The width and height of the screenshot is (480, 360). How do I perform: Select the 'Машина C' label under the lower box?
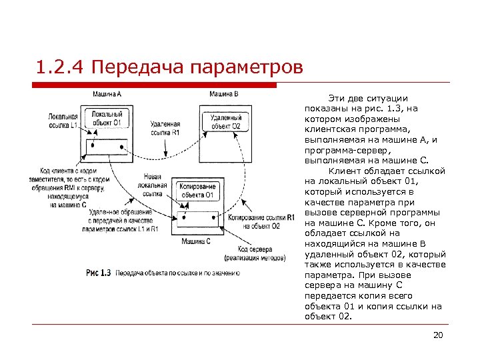coord(197,240)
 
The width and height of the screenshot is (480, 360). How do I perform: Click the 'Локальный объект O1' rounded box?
coord(107,118)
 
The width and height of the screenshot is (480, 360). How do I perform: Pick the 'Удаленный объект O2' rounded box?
coord(226,121)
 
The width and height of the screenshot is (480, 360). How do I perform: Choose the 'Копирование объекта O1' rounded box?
coord(196,191)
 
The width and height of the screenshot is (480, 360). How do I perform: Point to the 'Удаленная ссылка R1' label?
coord(165,129)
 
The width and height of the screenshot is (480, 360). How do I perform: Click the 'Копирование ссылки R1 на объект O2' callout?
coord(261,222)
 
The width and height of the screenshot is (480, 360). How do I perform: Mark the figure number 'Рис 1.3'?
coord(98,273)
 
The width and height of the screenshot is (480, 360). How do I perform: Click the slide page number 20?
coord(437,335)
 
